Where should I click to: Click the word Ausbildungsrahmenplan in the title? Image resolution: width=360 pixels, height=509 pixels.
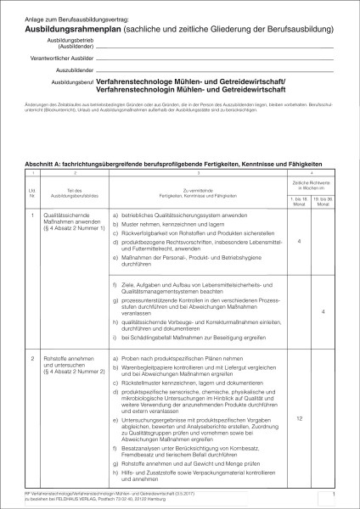pos(80,27)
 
